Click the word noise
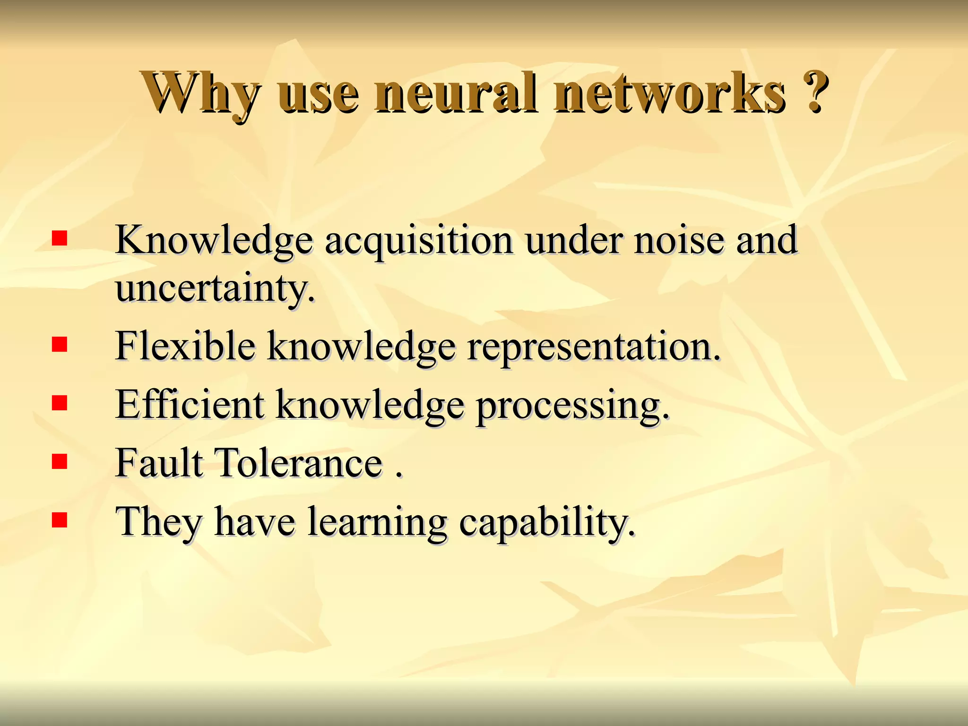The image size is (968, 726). click(x=678, y=240)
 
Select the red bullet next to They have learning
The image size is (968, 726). click(x=60, y=520)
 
